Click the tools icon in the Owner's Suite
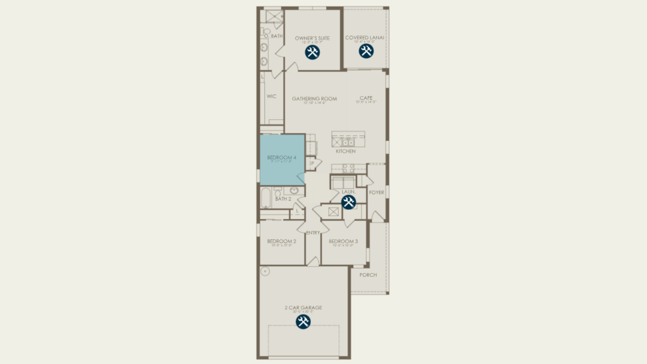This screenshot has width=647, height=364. pos(312,53)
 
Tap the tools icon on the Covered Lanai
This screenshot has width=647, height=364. pos(366,51)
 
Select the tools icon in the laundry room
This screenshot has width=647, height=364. pos(348,202)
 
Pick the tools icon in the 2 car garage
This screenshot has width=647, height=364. pos(303,322)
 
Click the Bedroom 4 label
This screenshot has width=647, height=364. pos(282,158)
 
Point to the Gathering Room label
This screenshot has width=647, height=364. pos(314,99)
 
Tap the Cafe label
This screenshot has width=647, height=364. pos(366,98)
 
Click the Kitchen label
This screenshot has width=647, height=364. pos(345,151)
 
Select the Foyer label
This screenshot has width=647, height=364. pos(376,192)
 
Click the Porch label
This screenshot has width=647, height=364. pos(368,275)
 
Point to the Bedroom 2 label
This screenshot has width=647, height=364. pos(282,241)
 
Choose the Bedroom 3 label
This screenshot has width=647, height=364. pos(343,241)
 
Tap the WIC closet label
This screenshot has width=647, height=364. pos(271,96)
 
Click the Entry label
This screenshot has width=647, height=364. pos(313,233)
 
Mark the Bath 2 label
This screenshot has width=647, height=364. pos(283,199)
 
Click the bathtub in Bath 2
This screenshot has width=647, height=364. pos(266,198)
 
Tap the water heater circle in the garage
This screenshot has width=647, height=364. pos(265,271)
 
